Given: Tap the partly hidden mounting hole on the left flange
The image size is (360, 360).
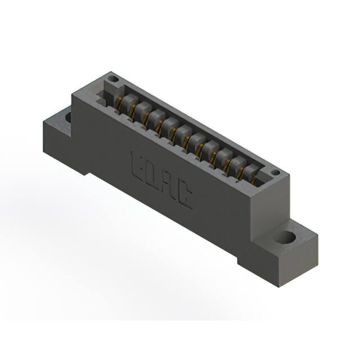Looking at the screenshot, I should click(68, 118).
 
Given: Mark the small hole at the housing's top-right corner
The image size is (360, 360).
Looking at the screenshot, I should click(275, 172).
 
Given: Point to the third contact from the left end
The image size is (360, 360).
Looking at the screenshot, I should click(157, 117).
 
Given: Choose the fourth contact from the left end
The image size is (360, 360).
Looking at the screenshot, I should click(170, 124).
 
